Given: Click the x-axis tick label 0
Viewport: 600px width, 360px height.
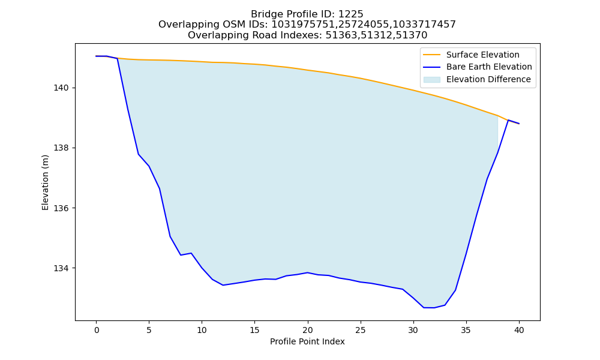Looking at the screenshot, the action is pos(97,331).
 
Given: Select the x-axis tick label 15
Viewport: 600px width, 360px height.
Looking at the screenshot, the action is pos(255,331).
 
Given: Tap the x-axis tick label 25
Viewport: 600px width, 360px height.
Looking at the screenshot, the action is pos(361,331).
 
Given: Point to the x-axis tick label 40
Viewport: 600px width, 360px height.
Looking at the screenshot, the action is pos(519,331).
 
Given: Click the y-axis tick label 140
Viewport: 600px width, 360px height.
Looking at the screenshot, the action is pos(61,88).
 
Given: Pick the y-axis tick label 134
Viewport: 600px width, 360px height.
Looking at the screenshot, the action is pos(61,268).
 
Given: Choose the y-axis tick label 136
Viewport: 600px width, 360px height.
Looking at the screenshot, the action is pos(61,208).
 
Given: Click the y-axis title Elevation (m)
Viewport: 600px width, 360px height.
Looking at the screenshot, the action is pos(45,182).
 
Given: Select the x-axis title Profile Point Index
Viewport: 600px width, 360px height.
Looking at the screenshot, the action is pos(307,341).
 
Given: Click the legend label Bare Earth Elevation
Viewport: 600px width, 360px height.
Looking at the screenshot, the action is pos(489,67).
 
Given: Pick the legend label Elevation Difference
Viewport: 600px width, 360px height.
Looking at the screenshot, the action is pos(488,79).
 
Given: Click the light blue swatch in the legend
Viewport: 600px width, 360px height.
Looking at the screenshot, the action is pos(431,80).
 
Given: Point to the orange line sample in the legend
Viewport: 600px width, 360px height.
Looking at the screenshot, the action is pos(431,55).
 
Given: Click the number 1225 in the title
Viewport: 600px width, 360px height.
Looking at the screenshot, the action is pos(350,14).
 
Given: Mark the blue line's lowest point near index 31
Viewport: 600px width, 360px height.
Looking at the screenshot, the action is pos(424,308).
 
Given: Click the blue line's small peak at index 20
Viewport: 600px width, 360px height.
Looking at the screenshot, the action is pos(308,273).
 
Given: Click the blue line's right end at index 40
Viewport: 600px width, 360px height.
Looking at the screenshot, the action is pos(519,124).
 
